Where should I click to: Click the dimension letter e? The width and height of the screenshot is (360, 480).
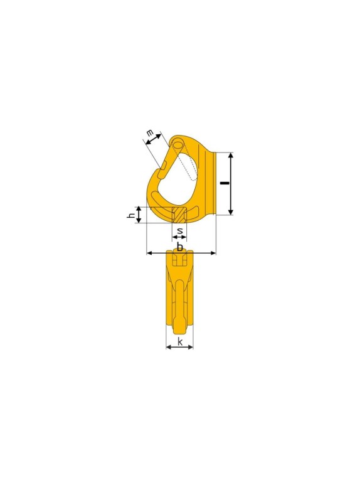149,133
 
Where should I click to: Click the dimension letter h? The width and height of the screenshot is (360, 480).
131,215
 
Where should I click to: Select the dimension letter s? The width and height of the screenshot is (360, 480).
180,231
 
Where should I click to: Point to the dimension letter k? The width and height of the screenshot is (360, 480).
180,341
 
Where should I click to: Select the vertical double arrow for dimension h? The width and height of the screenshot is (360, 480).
139,215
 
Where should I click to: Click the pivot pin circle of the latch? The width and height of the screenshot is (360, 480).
177,145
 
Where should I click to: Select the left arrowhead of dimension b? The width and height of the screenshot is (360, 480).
149,253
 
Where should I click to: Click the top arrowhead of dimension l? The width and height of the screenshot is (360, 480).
231,155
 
